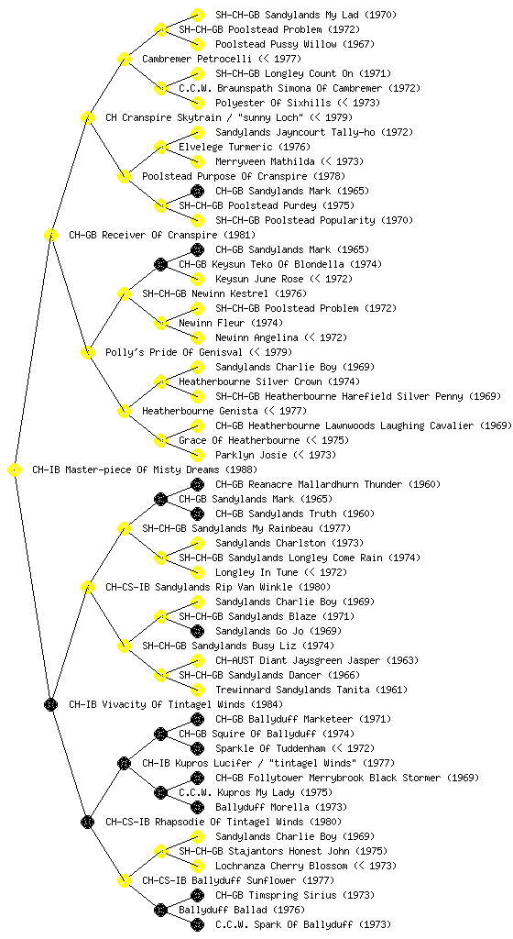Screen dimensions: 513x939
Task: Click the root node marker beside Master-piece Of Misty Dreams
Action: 14,470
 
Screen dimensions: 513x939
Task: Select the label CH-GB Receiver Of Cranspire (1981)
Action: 162,235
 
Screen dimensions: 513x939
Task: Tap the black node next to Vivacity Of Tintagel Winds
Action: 50,705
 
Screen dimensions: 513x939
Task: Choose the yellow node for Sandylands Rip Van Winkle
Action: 87,588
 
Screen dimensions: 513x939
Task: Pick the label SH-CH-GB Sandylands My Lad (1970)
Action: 306,15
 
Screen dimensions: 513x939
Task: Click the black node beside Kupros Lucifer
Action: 124,764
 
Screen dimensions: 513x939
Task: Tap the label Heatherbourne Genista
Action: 200,411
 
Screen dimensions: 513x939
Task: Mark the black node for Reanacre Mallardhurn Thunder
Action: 197,484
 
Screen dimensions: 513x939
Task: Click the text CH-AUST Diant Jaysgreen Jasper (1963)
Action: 317,660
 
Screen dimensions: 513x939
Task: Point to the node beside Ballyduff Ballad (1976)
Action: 160,911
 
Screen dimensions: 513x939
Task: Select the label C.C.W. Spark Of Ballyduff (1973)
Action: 303,924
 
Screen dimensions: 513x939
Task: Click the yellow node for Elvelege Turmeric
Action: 160,148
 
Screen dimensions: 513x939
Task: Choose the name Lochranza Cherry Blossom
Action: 281,866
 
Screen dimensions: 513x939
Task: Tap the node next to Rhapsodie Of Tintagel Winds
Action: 87,823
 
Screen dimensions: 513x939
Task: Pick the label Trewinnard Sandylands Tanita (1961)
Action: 300,690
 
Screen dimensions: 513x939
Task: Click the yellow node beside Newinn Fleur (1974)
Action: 160,324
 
